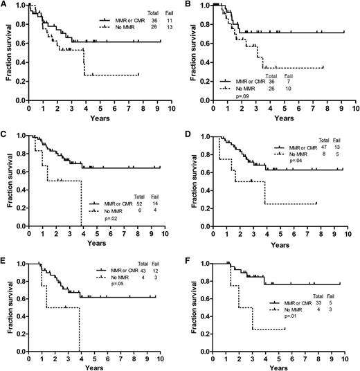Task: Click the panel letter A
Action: coord(5,5)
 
